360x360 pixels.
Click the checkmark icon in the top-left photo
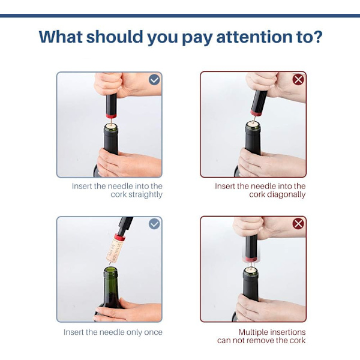pyautogui.click(x=154, y=80)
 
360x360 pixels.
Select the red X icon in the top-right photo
pyautogui.click(x=298, y=80)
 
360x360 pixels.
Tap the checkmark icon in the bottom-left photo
pyautogui.click(x=154, y=224)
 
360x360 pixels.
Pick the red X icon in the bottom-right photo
pyautogui.click(x=298, y=224)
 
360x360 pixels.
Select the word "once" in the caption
pyautogui.click(x=153, y=332)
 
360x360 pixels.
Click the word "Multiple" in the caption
pyautogui.click(x=253, y=332)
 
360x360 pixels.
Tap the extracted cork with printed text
pyautogui.click(x=115, y=250)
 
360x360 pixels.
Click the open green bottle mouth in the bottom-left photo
pyautogui.click(x=110, y=271)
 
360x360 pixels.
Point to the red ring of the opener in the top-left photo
pyautogui.click(x=111, y=116)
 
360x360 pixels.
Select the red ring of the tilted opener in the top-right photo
pyautogui.click(x=256, y=113)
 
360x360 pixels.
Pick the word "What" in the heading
pyautogui.click(x=61, y=37)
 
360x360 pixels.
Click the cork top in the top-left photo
pyautogui.click(x=111, y=126)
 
